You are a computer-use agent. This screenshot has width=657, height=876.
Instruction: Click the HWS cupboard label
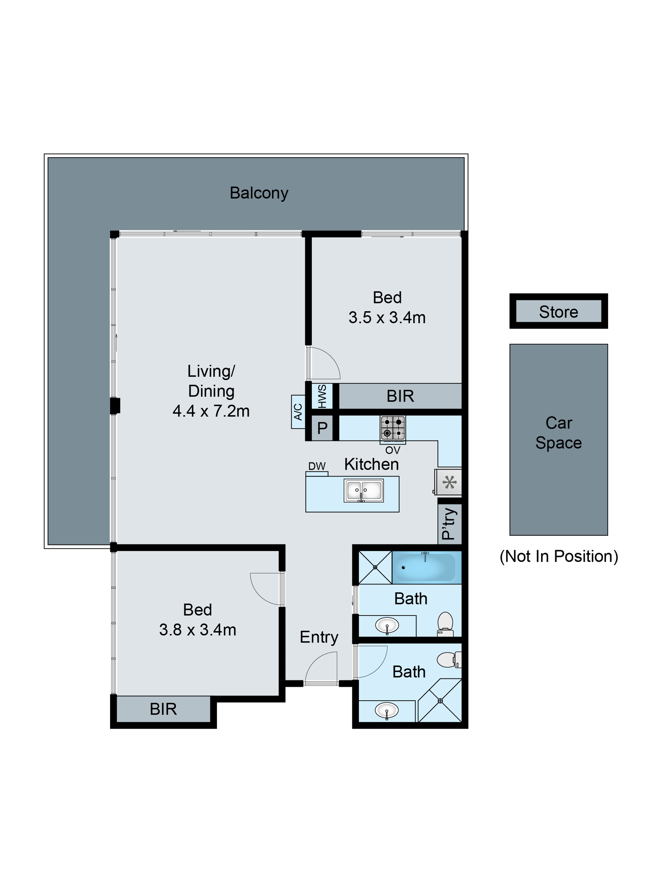click(322, 396)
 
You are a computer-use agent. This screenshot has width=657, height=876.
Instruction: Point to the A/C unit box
click(298, 412)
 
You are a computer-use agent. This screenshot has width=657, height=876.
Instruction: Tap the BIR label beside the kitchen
click(400, 396)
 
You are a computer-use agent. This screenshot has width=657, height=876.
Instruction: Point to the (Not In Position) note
click(558, 556)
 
